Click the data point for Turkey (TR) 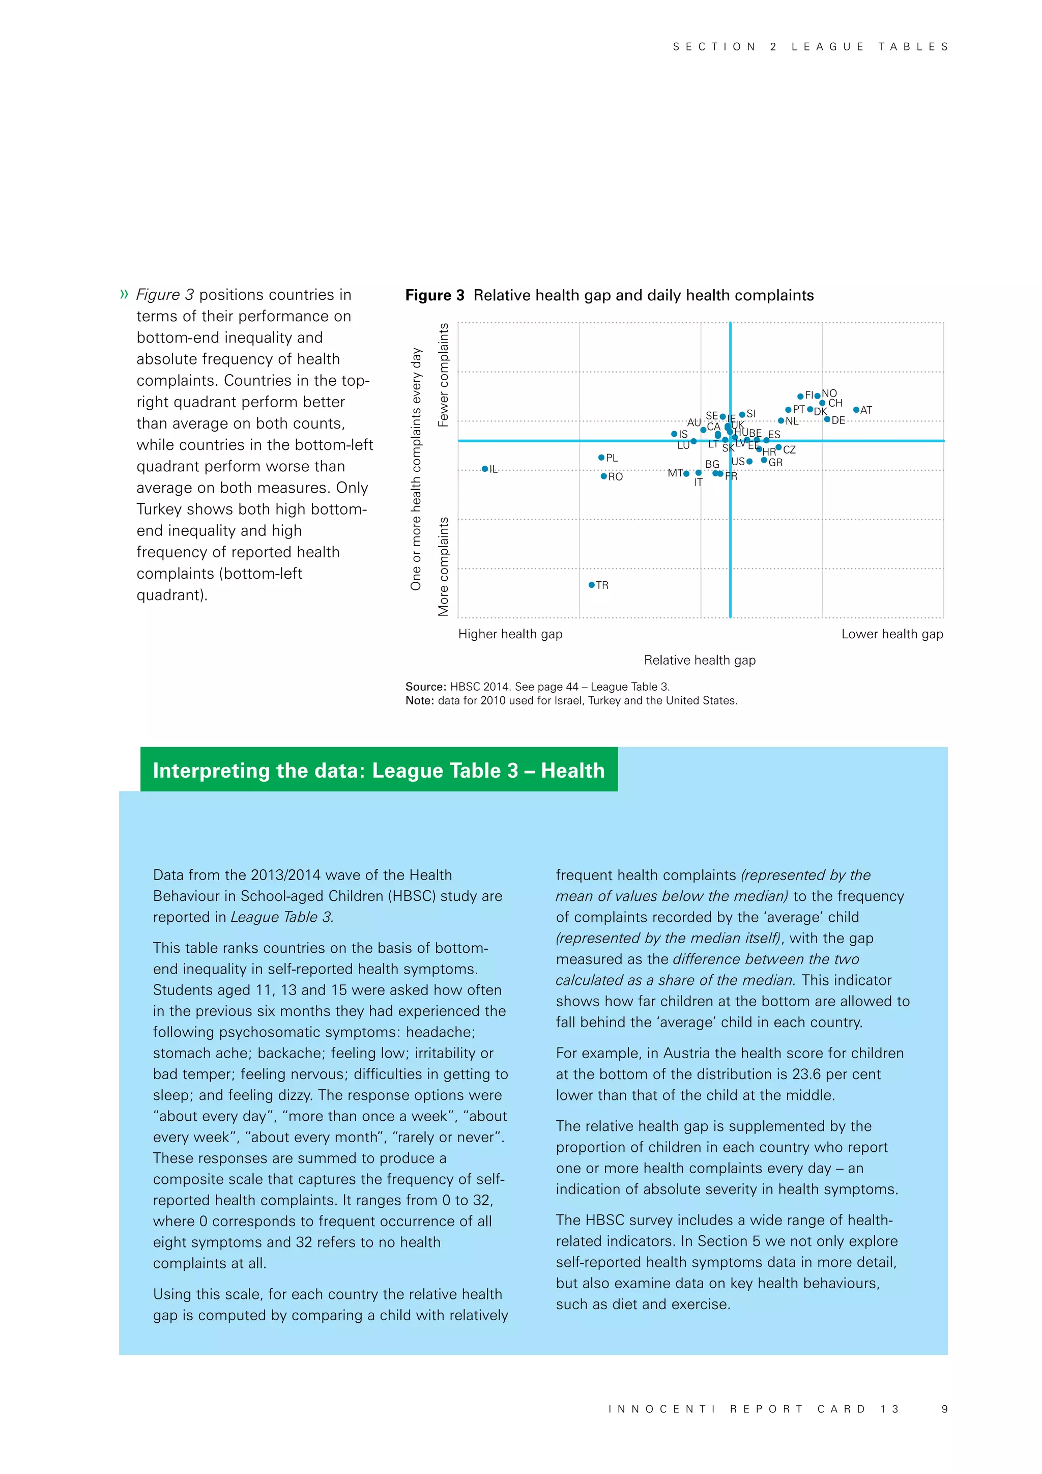[x=592, y=585]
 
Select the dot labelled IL [x=485, y=469]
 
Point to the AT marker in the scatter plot [x=856, y=410]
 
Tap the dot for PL [x=601, y=458]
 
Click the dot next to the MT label [x=686, y=474]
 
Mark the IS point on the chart [x=674, y=434]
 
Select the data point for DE [x=827, y=419]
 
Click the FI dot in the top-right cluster [x=801, y=396]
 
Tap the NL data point [x=781, y=421]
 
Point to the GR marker [x=764, y=460]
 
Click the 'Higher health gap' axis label [x=510, y=634]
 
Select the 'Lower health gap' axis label [x=892, y=634]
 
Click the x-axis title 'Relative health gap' [x=700, y=660]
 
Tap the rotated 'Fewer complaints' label [x=443, y=375]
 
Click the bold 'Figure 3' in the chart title [x=435, y=295]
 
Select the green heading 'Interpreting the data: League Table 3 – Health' [x=379, y=771]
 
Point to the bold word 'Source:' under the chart [x=425, y=686]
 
